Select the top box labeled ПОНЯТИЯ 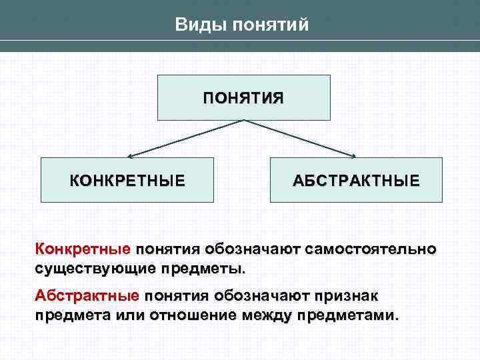click(243, 97)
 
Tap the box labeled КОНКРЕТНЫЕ click(127, 180)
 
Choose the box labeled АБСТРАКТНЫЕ click(356, 180)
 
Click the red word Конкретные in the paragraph click(83, 250)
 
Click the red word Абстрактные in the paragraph click(87, 295)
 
